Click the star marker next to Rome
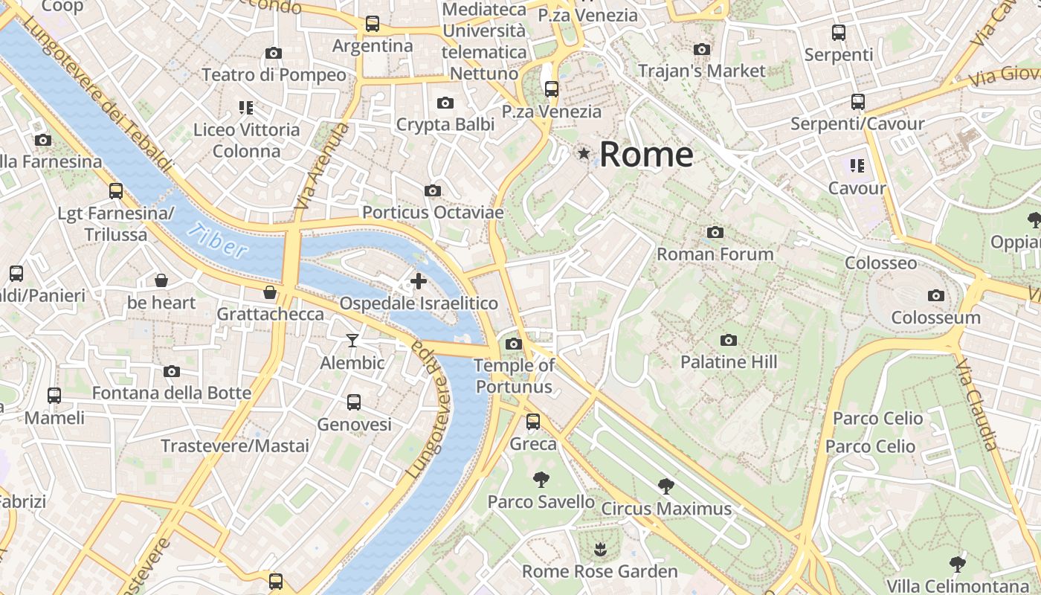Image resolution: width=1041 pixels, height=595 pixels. click(x=584, y=153)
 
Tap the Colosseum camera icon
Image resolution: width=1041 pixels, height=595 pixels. click(x=936, y=295)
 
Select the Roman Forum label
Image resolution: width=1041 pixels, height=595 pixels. click(x=715, y=254)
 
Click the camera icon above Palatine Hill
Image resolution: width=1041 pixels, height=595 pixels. click(x=729, y=340)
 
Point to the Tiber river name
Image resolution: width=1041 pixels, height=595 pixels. click(x=217, y=240)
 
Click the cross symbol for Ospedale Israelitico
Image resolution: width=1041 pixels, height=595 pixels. click(x=419, y=281)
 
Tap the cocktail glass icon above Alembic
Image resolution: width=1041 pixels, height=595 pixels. click(x=352, y=341)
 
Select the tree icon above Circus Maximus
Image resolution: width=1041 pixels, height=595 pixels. click(x=666, y=486)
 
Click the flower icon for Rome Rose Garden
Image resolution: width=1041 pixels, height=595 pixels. click(x=600, y=550)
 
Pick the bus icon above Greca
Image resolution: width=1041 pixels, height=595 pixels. click(x=533, y=422)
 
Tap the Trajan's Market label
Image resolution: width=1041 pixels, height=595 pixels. click(x=702, y=71)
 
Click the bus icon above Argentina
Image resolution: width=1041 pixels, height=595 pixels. click(x=373, y=24)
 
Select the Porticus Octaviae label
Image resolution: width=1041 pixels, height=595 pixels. click(x=433, y=213)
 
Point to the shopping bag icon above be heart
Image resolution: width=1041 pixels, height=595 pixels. click(x=161, y=280)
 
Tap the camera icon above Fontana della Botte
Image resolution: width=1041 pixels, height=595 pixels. click(x=172, y=371)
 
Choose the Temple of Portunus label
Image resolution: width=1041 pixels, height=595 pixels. click(x=515, y=376)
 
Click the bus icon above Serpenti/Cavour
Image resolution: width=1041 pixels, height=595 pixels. click(x=857, y=101)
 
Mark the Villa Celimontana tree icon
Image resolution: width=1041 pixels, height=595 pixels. click(x=958, y=564)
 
